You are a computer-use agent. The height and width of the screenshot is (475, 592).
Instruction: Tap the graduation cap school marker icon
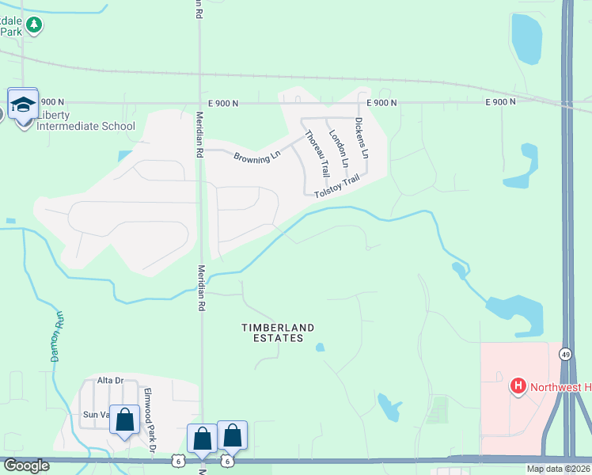pos(23,104)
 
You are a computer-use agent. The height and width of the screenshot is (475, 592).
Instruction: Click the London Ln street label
pos(338,149)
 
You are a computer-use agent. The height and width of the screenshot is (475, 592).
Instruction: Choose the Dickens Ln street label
pos(362,139)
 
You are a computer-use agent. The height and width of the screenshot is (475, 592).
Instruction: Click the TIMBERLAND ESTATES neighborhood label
pos(278,332)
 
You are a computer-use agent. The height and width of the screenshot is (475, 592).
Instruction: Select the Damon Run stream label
pos(57,336)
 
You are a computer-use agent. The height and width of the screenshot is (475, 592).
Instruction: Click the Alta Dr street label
pos(111,381)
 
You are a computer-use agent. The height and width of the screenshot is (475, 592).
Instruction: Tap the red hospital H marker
pos(518,386)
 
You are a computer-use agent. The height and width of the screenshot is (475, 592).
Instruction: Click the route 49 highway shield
pos(565,354)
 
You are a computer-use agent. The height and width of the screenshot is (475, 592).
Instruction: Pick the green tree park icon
pos(33,25)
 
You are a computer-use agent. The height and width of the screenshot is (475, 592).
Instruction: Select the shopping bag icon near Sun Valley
pos(125,420)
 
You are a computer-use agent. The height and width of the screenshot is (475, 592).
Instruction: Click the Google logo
pos(26,465)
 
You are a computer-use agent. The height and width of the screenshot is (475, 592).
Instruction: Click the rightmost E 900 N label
pos(500,102)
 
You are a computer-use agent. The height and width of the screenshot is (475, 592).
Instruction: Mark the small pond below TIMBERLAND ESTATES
pos(320,347)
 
